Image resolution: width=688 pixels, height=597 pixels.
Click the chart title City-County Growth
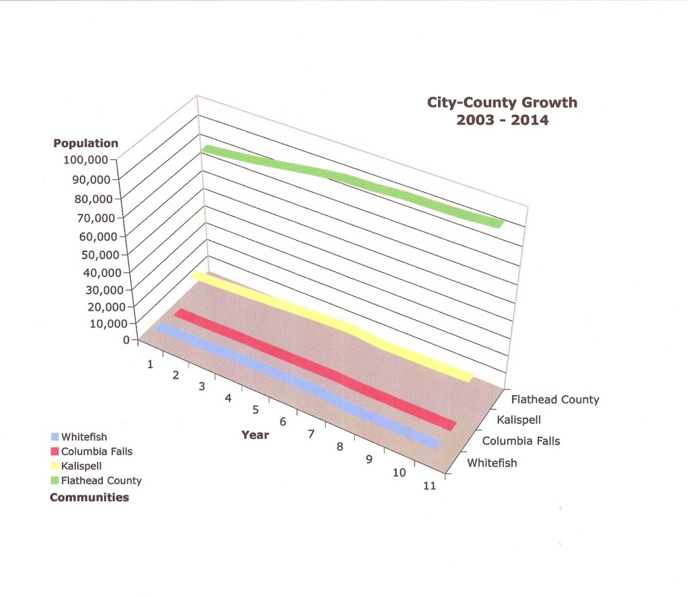click(503, 103)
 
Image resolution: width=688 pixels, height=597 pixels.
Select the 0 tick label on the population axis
click(126, 340)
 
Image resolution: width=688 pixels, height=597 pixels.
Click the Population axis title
click(85, 143)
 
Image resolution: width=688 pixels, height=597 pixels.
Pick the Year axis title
click(255, 435)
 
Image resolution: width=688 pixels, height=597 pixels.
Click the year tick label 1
click(150, 364)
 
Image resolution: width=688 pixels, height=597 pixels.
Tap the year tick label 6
click(283, 422)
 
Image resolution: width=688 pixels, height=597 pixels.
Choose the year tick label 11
click(429, 486)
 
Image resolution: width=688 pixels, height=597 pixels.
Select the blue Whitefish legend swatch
click(55, 437)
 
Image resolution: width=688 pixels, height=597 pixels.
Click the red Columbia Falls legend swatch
click(55, 451)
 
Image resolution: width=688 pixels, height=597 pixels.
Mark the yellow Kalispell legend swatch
click(55, 465)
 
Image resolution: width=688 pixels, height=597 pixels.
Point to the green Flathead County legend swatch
click(55, 480)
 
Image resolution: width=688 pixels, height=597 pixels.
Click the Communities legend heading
click(89, 497)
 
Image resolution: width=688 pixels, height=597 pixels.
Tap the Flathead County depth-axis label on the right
click(554, 399)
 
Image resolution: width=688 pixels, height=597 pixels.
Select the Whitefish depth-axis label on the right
click(492, 463)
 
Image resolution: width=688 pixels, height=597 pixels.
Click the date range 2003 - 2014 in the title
click(503, 121)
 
